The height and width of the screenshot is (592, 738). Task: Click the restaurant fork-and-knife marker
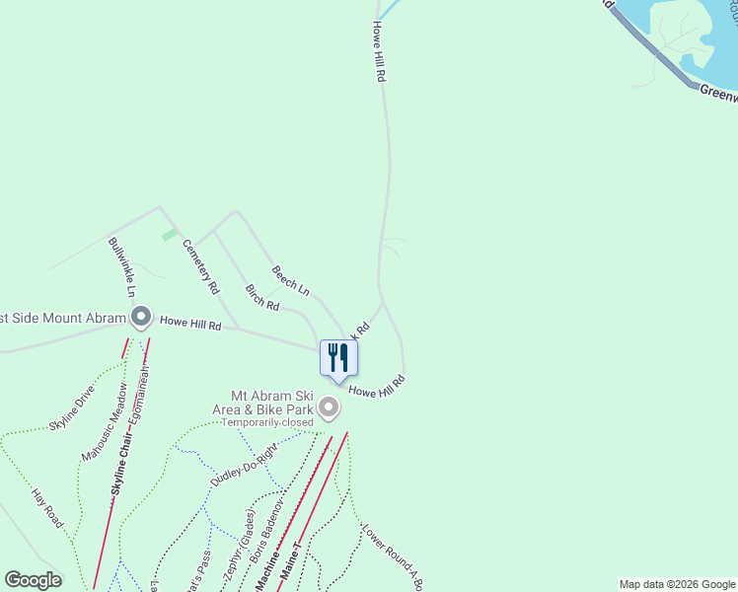(337, 357)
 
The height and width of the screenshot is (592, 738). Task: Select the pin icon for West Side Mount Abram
(141, 318)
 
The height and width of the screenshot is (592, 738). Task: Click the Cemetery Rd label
(200, 268)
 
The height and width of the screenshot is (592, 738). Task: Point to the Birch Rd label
(261, 299)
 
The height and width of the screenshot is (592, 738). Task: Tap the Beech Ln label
(291, 281)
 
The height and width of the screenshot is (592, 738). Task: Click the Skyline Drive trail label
(71, 408)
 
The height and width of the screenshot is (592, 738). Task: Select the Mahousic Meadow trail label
(106, 435)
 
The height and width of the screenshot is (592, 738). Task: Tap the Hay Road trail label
(46, 506)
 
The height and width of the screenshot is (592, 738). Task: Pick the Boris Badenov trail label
(266, 533)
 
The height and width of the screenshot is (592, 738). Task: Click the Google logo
(33, 580)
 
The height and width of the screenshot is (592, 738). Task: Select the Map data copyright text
(676, 584)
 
